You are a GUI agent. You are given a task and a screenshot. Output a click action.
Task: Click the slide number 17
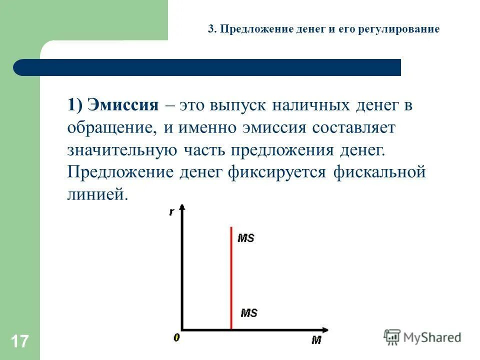click(x=19, y=342)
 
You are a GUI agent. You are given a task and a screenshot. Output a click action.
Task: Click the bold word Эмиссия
click(x=122, y=105)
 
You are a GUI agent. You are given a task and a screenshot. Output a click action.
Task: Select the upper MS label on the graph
click(x=246, y=238)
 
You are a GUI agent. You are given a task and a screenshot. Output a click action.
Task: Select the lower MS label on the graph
click(x=248, y=313)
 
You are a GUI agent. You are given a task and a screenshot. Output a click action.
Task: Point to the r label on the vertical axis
click(x=171, y=212)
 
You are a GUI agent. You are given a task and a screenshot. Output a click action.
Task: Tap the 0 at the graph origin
click(x=176, y=338)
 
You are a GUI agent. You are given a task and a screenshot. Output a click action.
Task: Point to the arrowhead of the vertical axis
click(x=182, y=207)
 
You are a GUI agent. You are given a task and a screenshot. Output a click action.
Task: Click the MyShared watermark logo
click(x=422, y=337)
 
